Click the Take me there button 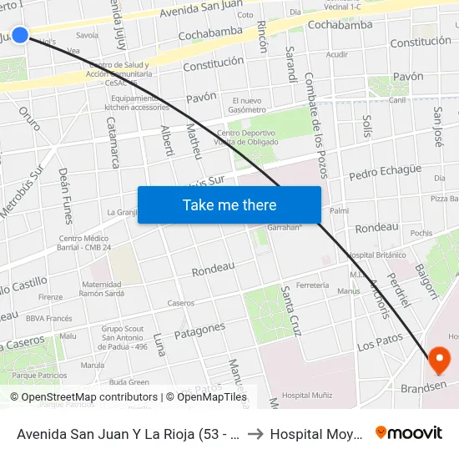229,205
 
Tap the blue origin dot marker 20,34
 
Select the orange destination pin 439,361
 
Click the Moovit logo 409,432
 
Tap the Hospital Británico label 371,255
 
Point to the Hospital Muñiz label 307,395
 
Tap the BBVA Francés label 49,318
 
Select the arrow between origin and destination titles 254,433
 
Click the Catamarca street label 114,143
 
